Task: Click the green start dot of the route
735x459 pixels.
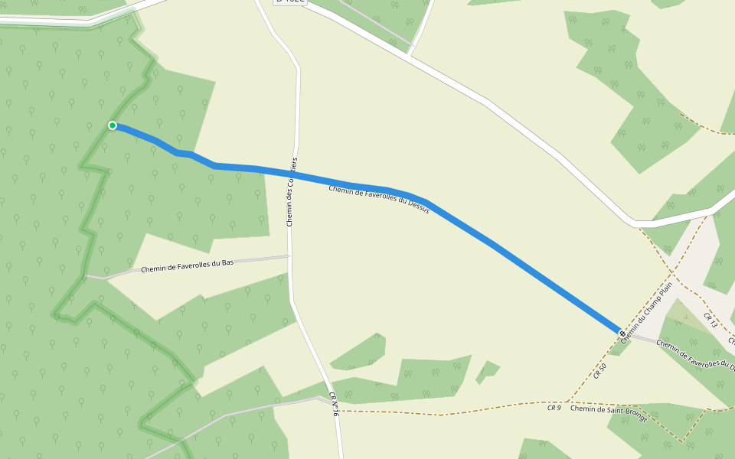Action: tap(113, 125)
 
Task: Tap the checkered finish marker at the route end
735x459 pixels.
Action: tap(620, 332)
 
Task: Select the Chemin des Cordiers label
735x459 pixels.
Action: tap(291, 192)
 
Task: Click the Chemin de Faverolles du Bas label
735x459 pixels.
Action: tap(187, 265)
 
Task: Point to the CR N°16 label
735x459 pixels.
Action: tap(334, 404)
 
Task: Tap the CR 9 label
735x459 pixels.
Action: tap(554, 408)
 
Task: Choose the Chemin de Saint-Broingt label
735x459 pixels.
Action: tap(609, 413)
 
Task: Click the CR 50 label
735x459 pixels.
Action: tap(599, 371)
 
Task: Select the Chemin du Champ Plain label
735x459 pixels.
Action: tap(646, 311)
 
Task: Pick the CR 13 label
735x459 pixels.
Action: tap(710, 321)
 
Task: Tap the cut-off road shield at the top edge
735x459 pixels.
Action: tap(291, 2)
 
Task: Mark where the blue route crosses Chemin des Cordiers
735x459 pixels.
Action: tap(292, 174)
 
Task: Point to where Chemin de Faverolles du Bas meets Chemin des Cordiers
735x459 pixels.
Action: tap(289, 256)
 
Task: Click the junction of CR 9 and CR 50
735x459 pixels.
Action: tap(568, 401)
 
